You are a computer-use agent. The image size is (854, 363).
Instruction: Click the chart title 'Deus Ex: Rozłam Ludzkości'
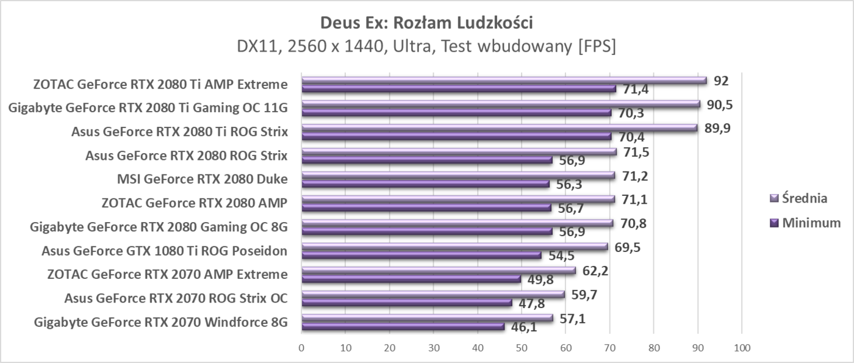pyautogui.click(x=426, y=23)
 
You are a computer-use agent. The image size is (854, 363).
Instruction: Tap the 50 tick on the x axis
pyautogui.click(x=522, y=348)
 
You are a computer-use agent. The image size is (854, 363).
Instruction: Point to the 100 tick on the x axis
pyautogui.click(x=742, y=348)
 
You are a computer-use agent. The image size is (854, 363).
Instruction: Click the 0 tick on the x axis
pyautogui.click(x=301, y=348)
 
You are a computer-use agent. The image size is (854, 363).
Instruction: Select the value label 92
pyautogui.click(x=720, y=81)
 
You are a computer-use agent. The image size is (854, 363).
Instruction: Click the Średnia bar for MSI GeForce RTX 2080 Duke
pyautogui.click(x=457, y=176)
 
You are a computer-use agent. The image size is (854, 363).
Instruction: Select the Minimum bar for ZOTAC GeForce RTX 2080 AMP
pyautogui.click(x=426, y=208)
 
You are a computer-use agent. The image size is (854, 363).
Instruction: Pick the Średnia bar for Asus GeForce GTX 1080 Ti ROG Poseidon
pyautogui.click(x=454, y=246)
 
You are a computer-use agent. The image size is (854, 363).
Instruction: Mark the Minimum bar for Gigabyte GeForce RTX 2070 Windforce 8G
pyautogui.click(x=403, y=327)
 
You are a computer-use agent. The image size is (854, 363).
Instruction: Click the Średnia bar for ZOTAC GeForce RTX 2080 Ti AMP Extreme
pyautogui.click(x=503, y=80)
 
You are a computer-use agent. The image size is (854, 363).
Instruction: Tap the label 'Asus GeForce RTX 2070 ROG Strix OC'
pyautogui.click(x=176, y=298)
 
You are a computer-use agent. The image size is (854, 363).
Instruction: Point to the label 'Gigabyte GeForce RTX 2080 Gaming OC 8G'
pyautogui.click(x=159, y=227)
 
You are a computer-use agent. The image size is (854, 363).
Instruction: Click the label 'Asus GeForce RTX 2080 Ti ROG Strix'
pyautogui.click(x=179, y=131)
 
